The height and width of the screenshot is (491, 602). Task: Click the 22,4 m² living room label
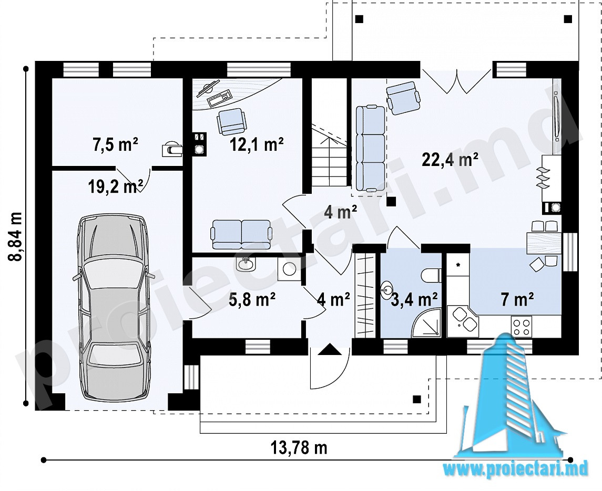[450, 159]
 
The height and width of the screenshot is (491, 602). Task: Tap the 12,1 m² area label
[257, 144]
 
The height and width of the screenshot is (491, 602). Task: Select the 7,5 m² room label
[115, 145]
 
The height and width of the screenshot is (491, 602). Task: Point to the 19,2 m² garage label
[116, 187]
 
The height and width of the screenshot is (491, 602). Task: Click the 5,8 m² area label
[251, 299]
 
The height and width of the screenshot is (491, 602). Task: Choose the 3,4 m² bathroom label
[414, 299]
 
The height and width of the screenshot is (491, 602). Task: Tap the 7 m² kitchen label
[517, 299]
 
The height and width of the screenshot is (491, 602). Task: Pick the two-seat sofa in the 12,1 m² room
[241, 234]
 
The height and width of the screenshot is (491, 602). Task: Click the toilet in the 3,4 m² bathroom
[431, 275]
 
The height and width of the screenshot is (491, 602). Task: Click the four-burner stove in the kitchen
[522, 327]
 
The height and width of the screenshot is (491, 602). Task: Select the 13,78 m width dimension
[299, 447]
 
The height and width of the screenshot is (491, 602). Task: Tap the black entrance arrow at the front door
[329, 350]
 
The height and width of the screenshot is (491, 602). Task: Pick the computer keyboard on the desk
[219, 98]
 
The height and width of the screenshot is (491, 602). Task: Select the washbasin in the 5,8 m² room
[244, 264]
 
